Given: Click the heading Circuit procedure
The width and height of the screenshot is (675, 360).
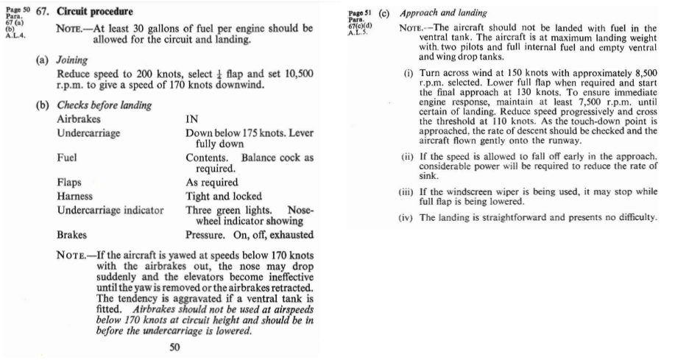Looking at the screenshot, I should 96,13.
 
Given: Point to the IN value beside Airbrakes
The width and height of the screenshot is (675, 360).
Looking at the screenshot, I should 192,119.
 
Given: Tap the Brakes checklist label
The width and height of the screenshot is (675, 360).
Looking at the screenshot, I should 72,236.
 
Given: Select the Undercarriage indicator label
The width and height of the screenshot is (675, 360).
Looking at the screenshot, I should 110,211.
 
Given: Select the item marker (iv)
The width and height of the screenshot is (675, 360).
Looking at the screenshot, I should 408,217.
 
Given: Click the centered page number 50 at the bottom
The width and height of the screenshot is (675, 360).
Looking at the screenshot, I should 175,348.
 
